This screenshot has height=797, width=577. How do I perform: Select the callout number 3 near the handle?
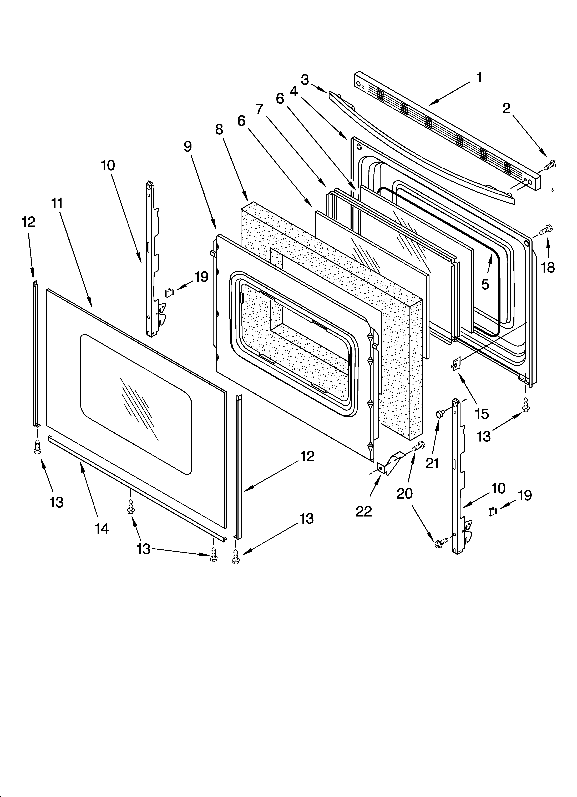coord(305,80)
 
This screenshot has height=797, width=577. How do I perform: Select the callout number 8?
coord(219,129)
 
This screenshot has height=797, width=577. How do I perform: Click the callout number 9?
coord(188,147)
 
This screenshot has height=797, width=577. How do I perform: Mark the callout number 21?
coord(432,463)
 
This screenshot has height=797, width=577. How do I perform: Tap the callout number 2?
coord(506,109)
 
